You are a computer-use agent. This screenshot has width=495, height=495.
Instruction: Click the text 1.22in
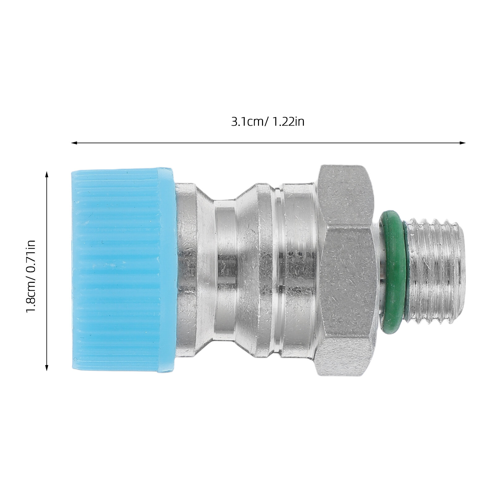[288, 122]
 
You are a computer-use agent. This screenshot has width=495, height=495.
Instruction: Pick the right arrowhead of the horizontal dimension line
[463, 143]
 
